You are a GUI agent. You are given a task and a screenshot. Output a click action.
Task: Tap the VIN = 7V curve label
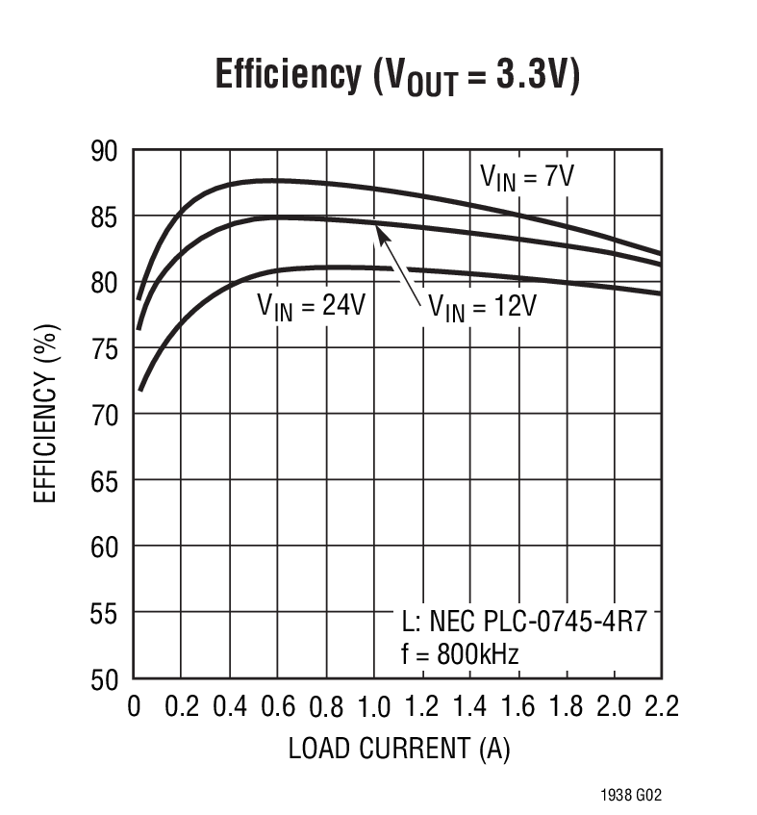[533, 177]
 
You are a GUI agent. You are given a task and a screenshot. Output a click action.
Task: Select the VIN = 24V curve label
[311, 306]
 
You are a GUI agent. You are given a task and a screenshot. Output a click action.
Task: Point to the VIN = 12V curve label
[482, 307]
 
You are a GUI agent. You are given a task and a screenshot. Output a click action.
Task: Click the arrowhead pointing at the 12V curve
[377, 227]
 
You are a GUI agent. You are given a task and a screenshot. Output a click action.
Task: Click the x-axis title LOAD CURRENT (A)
[398, 750]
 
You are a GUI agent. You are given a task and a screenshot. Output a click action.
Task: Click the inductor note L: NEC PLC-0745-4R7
[523, 621]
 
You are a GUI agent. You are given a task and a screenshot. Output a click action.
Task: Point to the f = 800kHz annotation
[460, 655]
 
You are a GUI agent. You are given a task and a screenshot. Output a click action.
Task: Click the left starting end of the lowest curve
[140, 390]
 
